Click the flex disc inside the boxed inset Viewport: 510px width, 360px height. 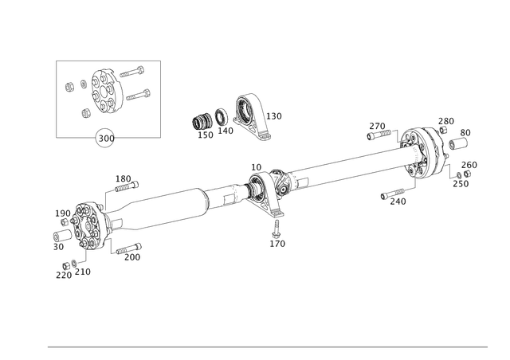tap(103, 90)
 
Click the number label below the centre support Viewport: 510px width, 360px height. tap(275, 240)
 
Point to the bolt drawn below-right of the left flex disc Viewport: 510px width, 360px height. tap(127, 252)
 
